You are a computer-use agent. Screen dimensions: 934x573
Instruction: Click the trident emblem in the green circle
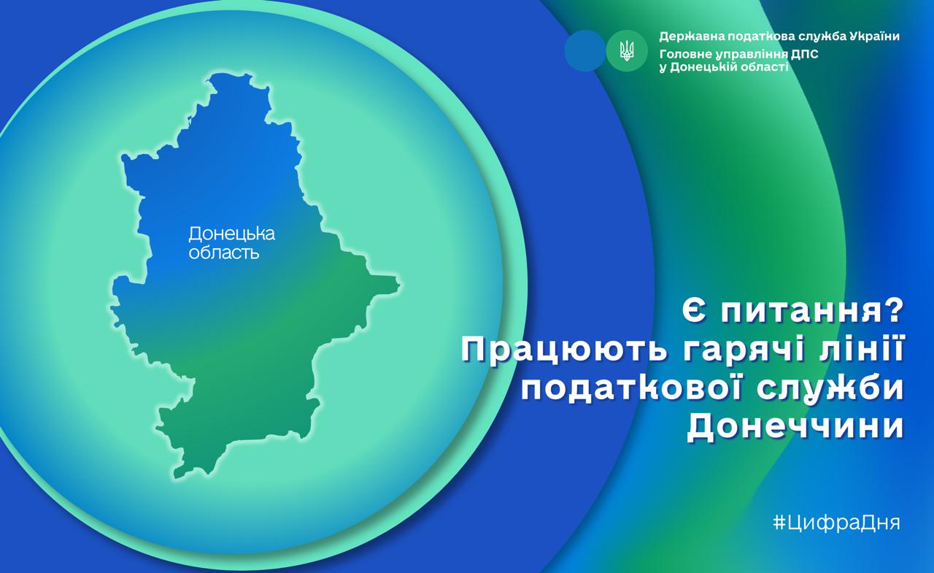(627, 51)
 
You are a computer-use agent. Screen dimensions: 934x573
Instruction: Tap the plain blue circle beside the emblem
(584, 50)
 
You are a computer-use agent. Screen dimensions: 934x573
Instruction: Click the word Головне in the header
(685, 54)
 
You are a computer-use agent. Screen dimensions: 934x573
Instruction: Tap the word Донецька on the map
(232, 234)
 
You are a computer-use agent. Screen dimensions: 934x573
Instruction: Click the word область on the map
(224, 253)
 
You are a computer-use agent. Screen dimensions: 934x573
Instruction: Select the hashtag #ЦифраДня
(836, 522)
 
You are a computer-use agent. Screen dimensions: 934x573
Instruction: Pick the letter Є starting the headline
(693, 312)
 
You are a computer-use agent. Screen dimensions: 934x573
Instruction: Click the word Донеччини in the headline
(795, 427)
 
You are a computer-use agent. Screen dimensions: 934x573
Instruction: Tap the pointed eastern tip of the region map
(400, 285)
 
